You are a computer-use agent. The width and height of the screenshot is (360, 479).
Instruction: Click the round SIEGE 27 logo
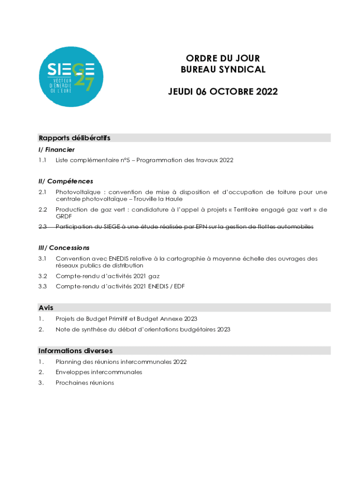click(72, 76)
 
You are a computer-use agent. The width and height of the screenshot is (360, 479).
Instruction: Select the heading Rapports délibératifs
click(74, 138)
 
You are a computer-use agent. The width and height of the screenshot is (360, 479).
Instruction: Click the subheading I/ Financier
click(57, 150)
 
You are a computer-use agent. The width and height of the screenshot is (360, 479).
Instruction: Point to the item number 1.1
click(43, 160)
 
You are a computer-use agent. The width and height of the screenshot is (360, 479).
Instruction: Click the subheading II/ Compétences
click(66, 181)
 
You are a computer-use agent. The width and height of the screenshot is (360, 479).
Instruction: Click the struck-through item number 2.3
click(43, 226)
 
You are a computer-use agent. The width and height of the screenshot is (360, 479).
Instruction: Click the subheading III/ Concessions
click(64, 247)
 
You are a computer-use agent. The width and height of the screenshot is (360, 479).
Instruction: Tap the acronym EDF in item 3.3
click(179, 286)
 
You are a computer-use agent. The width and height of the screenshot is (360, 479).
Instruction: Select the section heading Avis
click(46, 308)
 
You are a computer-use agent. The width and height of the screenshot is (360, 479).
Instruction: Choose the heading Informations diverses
click(75, 350)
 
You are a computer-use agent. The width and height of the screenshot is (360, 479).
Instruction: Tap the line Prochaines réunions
click(85, 383)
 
